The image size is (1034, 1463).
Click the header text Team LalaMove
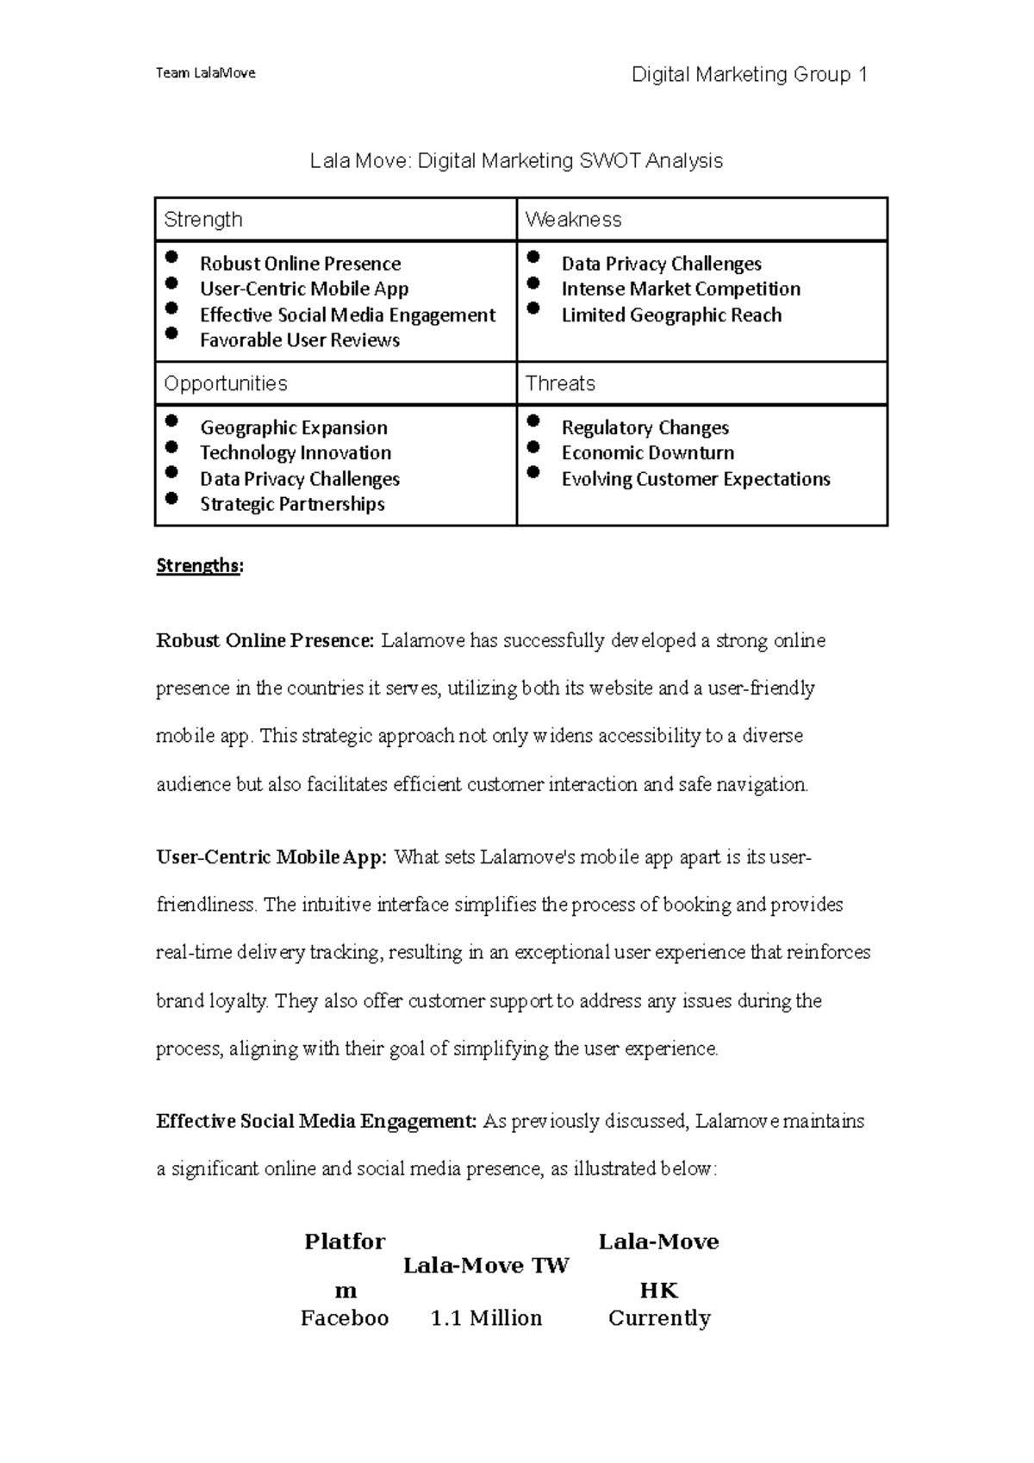(205, 73)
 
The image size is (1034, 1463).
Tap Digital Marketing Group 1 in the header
(749, 75)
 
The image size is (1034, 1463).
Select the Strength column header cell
(335, 220)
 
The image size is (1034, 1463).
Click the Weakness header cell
(701, 220)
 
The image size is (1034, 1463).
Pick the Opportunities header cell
(335, 383)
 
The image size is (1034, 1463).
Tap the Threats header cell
(701, 383)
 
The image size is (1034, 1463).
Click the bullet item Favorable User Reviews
(299, 340)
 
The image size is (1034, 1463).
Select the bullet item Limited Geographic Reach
(671, 315)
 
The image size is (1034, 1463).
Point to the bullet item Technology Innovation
(296, 453)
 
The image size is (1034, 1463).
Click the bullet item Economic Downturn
(648, 453)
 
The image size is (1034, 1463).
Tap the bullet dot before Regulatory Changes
(533, 420)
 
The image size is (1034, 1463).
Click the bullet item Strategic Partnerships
(292, 504)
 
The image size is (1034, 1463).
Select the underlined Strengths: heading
(199, 566)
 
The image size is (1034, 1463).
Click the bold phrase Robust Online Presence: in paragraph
(265, 641)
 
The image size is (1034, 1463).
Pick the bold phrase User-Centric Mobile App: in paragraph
(272, 858)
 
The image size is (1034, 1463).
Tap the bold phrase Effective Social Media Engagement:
(316, 1122)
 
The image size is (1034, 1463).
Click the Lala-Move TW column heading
(486, 1266)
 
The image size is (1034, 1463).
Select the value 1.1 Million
(486, 1318)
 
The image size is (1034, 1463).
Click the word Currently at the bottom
(659, 1318)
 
